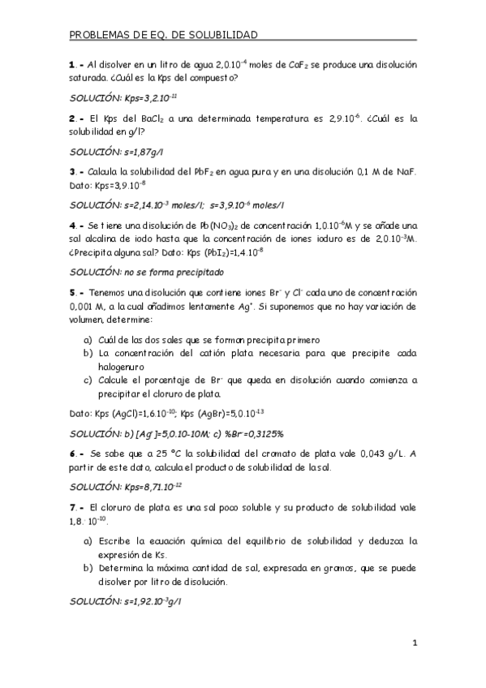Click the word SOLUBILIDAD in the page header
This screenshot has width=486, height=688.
[x=223, y=35]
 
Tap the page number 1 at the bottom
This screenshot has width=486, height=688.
[x=414, y=644]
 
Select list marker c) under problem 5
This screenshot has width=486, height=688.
[x=88, y=380]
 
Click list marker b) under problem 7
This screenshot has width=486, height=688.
[x=88, y=567]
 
